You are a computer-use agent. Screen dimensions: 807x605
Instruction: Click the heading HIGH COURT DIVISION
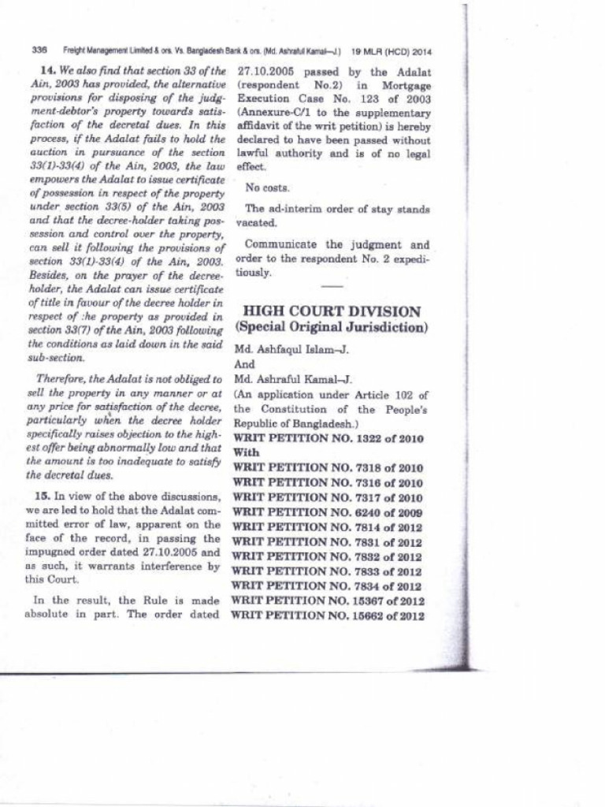tap(332, 311)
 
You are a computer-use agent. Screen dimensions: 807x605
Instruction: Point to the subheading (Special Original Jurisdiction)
tap(331, 327)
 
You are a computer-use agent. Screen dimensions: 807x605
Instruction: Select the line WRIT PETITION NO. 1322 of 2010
tap(328, 439)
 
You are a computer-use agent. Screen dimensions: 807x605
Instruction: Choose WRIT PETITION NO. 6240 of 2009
tap(328, 512)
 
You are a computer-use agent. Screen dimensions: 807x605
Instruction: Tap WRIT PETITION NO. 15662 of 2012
tap(328, 615)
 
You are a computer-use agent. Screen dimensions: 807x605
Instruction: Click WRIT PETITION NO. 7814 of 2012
tap(328, 527)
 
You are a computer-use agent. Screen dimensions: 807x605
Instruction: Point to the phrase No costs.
tap(267, 188)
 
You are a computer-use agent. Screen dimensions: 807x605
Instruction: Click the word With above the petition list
tap(246, 454)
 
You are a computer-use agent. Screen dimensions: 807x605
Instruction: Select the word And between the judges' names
tap(245, 365)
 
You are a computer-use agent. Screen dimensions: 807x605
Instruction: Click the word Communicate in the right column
tap(279, 245)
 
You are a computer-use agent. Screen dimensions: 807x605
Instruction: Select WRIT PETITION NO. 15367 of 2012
tap(328, 601)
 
